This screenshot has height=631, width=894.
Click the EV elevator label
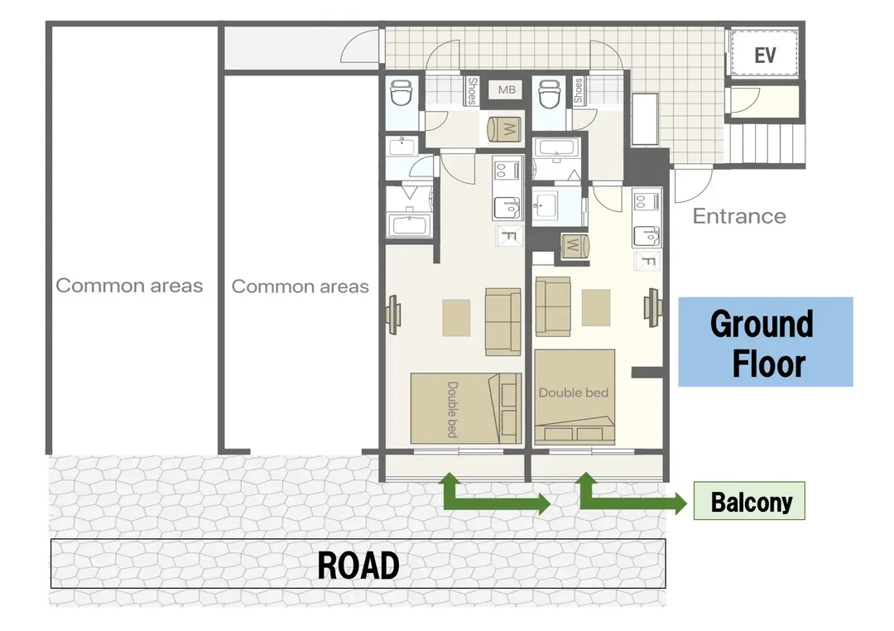point(765,55)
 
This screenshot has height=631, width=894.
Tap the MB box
point(507,89)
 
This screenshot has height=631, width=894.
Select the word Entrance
point(739,216)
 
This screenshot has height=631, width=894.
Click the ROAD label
point(358,565)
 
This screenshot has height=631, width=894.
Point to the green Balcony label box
point(749,501)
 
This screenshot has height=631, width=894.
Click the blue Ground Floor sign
point(765,342)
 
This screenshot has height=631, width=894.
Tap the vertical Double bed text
point(452,410)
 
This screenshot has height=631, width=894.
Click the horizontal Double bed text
point(573,393)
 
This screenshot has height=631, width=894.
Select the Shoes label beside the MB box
point(472,91)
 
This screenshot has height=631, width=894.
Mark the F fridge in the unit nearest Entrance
point(647,261)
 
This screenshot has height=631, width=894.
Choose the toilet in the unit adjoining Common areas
point(402,92)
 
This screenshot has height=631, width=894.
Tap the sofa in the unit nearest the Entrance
point(552,306)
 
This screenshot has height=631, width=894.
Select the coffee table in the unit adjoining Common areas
point(456,318)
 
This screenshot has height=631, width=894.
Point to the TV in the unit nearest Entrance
point(653,307)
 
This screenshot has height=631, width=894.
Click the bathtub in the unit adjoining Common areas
point(409,224)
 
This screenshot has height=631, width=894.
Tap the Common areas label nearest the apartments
point(300,286)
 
